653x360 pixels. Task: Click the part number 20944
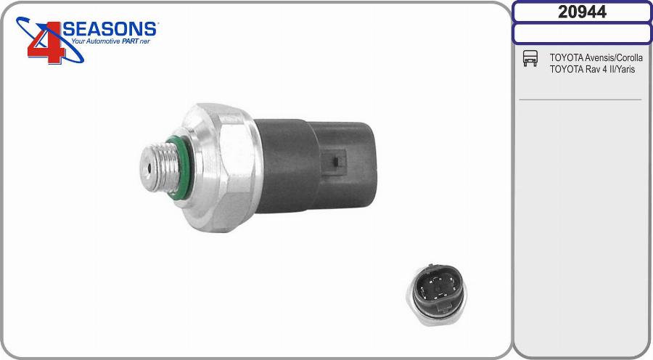582,12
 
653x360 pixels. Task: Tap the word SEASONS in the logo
110,29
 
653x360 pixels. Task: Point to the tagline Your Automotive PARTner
110,41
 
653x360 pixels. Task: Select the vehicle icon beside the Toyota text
530,58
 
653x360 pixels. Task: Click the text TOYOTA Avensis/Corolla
596,57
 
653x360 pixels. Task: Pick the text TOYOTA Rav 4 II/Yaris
592,69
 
